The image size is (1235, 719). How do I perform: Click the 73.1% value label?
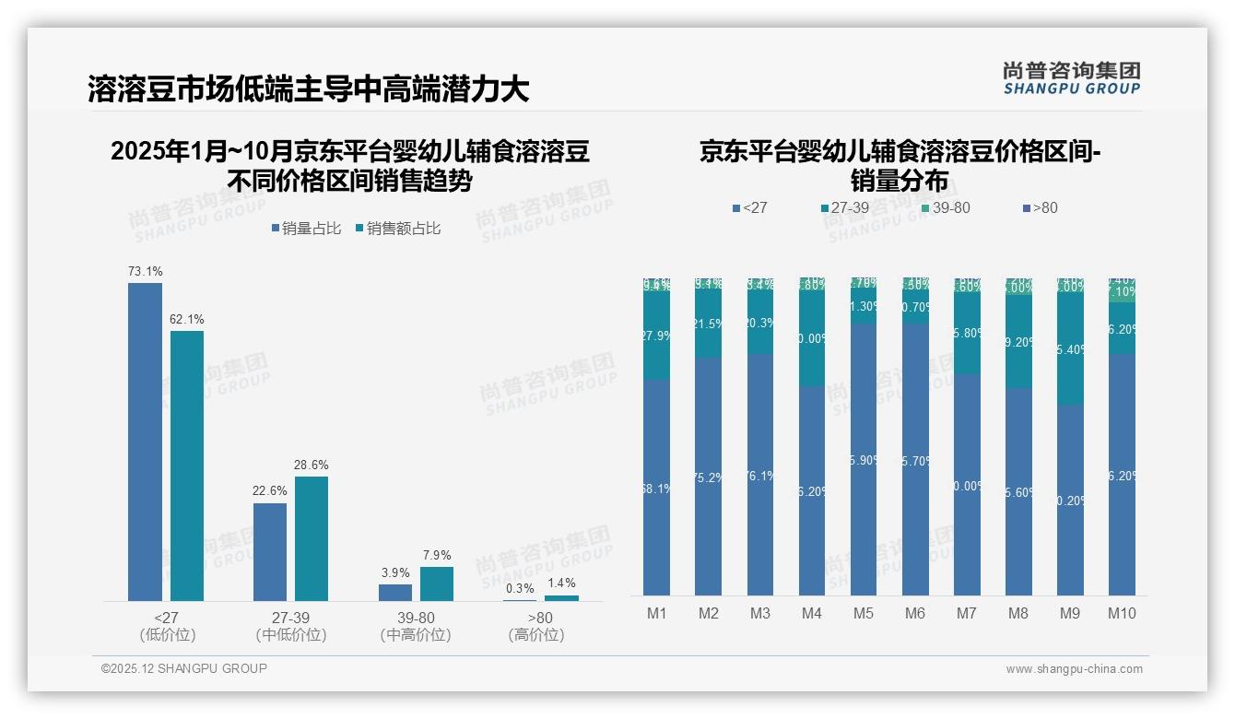[145, 272]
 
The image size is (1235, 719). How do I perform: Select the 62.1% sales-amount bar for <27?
[187, 466]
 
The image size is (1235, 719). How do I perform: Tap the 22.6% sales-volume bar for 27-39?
[270, 551]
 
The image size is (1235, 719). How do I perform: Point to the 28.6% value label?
[312, 466]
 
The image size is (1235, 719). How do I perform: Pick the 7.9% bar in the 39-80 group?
[437, 583]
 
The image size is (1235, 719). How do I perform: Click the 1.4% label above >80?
[561, 583]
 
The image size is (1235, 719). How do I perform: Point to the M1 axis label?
[656, 614]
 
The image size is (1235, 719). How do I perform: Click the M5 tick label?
[863, 614]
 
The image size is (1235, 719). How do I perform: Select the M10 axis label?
[1121, 614]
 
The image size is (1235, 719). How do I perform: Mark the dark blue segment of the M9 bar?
[1070, 500]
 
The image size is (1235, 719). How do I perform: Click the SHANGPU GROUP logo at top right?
[1071, 77]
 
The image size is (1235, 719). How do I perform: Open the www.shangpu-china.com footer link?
[1074, 669]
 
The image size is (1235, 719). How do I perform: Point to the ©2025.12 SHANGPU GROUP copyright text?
[184, 669]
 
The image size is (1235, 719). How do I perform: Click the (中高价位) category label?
[416, 635]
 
